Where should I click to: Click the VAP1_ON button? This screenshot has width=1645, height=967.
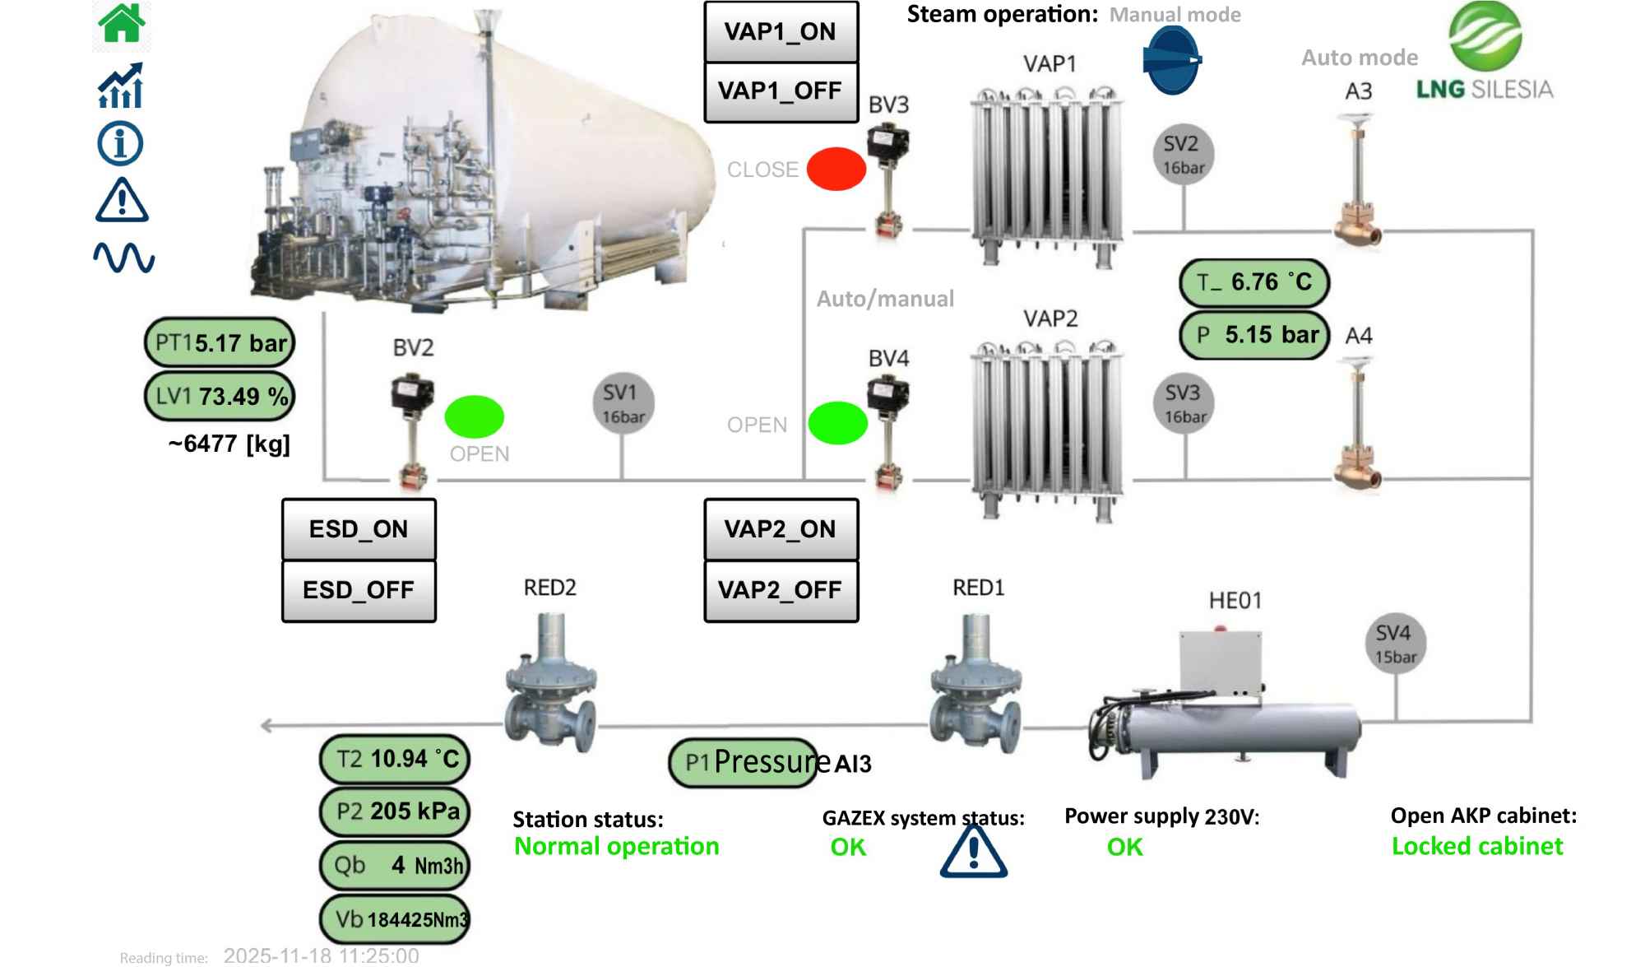pos(781,32)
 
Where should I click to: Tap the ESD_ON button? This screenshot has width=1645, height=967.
pos(359,529)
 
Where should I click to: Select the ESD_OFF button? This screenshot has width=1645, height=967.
pos(359,590)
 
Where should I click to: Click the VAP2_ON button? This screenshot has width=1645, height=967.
pos(781,529)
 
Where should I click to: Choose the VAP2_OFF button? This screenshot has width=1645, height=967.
pos(781,590)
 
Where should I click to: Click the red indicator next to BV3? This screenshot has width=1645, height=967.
pos(836,170)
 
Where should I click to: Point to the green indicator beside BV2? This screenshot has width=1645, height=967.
pos(474,416)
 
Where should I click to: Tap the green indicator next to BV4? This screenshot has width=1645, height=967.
pos(837,423)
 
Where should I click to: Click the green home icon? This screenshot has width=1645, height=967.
pos(121,23)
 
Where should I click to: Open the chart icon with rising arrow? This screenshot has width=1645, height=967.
pos(121,86)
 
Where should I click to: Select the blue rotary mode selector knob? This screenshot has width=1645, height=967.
pos(1172,60)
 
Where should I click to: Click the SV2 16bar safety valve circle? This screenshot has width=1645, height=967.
pos(1183,155)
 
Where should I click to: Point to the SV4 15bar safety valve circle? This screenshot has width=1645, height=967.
pos(1395,644)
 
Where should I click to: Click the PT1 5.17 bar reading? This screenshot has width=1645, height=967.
pos(220,342)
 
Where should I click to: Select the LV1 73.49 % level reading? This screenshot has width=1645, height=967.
pos(220,396)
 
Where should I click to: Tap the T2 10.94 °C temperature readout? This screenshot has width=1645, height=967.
pos(395,759)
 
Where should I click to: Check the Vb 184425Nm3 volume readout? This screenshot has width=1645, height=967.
pos(395,918)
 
